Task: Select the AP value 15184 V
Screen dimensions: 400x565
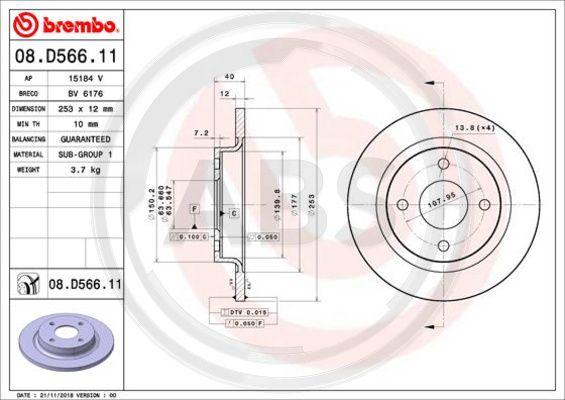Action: click(86, 76)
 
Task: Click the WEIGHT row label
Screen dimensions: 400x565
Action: click(26, 170)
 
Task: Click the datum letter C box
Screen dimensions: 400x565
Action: click(234, 213)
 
